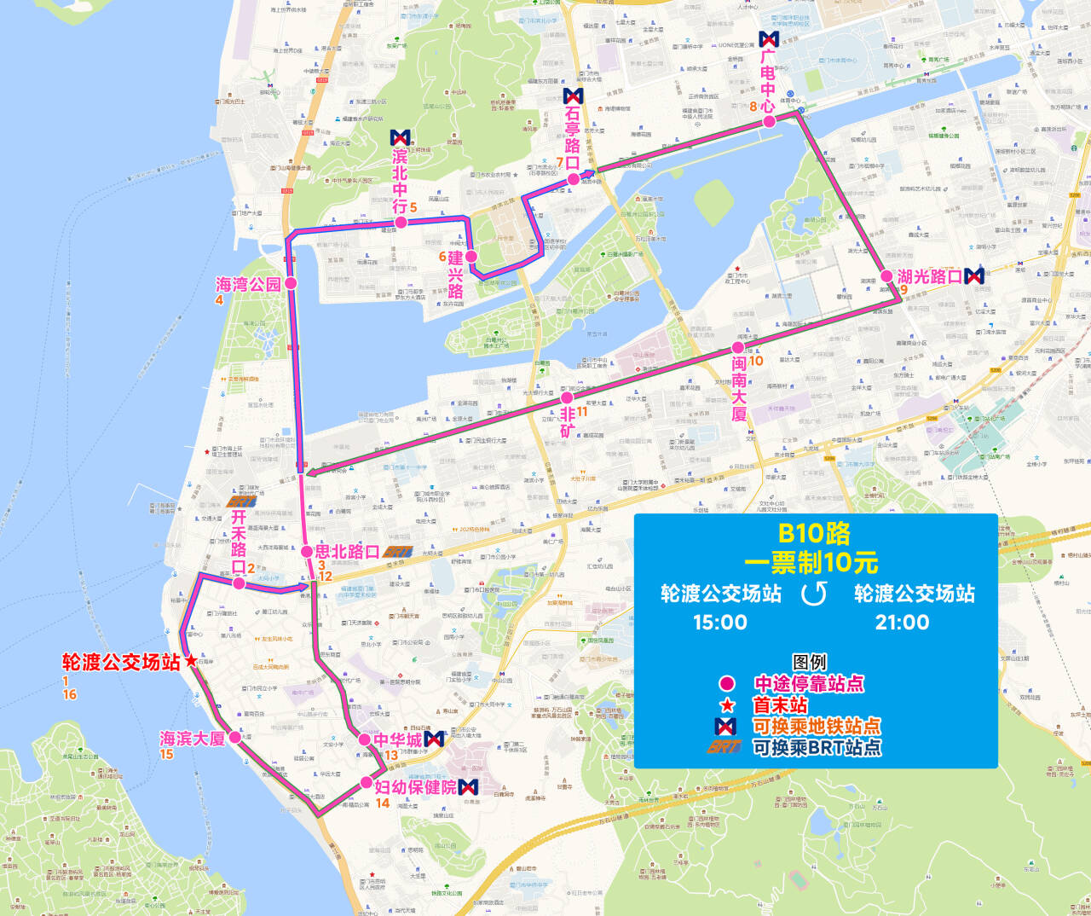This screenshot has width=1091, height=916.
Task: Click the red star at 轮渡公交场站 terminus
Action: point(190,661)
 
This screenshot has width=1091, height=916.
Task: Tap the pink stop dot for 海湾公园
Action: point(291,283)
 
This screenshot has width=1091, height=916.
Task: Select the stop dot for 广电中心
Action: point(769,121)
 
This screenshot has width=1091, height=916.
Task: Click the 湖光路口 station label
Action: point(929,276)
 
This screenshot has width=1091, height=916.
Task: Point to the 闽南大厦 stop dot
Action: point(737,348)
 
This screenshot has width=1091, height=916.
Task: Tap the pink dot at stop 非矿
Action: point(567,398)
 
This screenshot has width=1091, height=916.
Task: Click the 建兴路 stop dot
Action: point(471,256)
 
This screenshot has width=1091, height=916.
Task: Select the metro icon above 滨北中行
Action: point(401,137)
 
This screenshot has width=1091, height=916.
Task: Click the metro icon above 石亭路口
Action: point(573,96)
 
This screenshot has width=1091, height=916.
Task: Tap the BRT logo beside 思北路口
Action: point(398,552)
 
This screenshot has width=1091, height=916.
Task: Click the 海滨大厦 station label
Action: point(193,739)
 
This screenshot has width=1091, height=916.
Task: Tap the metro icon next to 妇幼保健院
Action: point(468,786)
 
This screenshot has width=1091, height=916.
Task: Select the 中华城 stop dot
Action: point(365,739)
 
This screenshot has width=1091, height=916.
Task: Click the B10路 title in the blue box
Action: point(814,534)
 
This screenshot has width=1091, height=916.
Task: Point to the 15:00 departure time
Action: point(720,622)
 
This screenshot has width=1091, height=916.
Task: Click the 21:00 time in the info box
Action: point(903,622)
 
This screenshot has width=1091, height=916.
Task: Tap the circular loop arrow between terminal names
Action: point(814,594)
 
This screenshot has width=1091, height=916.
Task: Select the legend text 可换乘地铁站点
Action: point(817,727)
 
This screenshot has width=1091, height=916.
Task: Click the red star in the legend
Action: point(727,705)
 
